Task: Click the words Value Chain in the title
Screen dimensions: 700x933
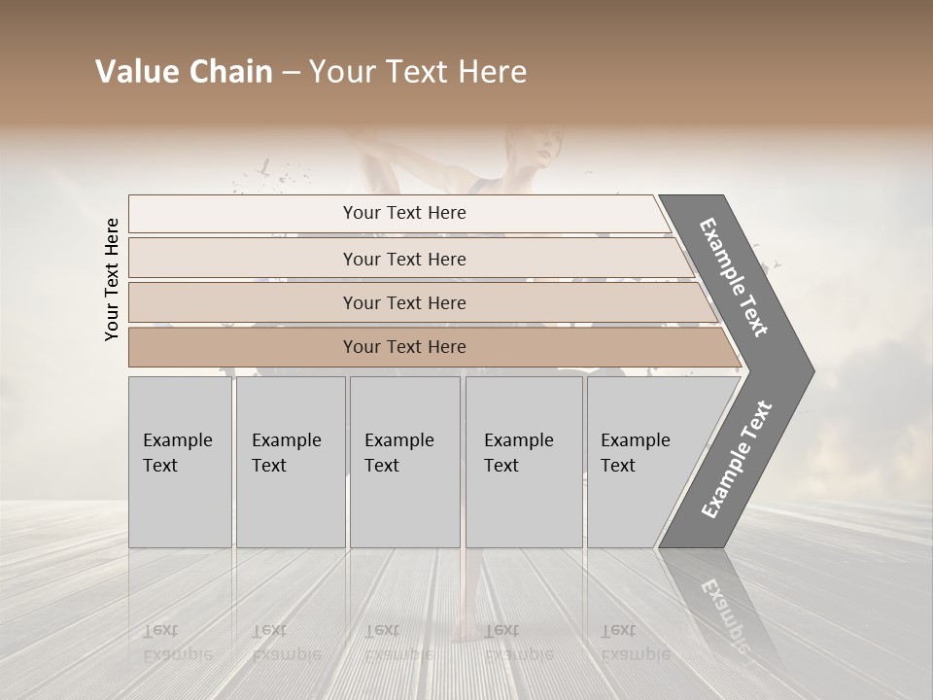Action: point(184,72)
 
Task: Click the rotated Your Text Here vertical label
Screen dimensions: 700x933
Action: point(112,279)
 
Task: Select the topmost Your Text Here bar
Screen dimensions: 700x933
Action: point(404,213)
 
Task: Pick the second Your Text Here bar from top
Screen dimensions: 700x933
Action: point(404,259)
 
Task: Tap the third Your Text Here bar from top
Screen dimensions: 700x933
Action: point(404,302)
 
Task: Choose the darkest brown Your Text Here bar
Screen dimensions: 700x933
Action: point(404,347)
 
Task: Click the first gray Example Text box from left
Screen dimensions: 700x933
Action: point(180,461)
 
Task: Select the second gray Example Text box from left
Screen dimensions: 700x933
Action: point(290,461)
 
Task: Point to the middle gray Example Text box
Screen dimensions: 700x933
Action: point(404,461)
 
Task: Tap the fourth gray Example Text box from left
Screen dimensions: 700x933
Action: point(523,461)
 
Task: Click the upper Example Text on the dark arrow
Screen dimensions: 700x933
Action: point(735,277)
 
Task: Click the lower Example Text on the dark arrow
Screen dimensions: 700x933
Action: point(736,460)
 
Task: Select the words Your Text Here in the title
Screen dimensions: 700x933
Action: point(418,72)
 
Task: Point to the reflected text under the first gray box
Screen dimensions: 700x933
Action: point(177,643)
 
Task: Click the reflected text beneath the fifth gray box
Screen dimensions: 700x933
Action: point(635,643)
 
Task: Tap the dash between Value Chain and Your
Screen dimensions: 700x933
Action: point(291,72)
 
